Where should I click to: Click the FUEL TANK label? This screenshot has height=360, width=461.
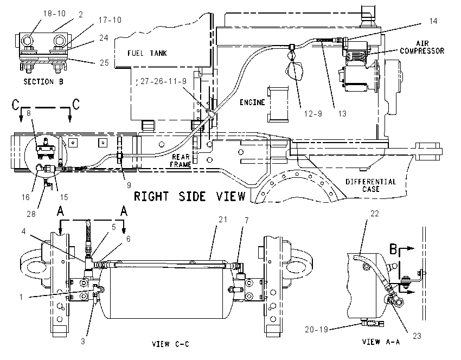click(147, 53)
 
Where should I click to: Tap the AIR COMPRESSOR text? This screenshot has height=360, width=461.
click(422, 47)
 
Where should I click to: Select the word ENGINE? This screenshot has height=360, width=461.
click(252, 102)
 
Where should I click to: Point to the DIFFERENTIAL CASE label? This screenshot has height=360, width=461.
click(371, 185)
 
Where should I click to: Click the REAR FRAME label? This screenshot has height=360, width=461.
click(181, 160)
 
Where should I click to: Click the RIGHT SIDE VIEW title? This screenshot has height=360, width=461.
click(190, 196)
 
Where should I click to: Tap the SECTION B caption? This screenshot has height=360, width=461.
click(43, 81)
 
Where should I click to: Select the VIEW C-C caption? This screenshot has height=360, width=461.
click(170, 344)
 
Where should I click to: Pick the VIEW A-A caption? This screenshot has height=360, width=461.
click(381, 342)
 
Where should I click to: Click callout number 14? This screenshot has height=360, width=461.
click(433, 21)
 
